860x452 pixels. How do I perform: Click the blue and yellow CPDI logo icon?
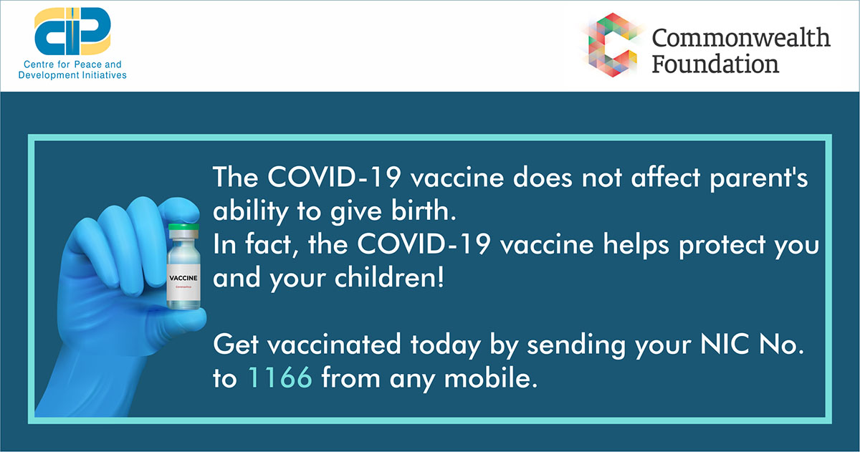point(72,32)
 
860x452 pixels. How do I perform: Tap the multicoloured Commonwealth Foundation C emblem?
point(613,45)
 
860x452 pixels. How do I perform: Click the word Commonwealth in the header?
point(741,38)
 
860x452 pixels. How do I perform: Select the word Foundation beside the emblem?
point(715,64)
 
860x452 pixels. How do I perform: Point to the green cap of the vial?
point(184,227)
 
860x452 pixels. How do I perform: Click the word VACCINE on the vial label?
point(183,278)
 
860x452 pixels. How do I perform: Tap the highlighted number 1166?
point(280,378)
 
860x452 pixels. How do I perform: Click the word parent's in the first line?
point(759,178)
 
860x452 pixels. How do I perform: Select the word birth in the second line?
point(424,211)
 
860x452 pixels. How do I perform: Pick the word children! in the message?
point(389,277)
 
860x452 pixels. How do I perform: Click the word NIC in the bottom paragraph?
point(724,344)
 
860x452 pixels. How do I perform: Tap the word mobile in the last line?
point(490,378)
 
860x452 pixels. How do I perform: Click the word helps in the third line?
point(636,244)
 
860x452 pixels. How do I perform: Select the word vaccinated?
point(334,344)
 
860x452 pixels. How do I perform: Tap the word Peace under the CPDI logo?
point(72,64)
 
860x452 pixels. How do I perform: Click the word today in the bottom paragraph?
point(446,345)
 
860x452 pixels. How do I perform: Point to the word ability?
point(250,212)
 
